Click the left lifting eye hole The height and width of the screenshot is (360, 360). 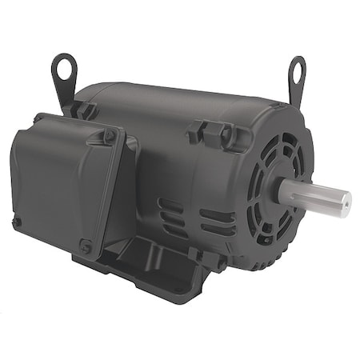tap(65, 67)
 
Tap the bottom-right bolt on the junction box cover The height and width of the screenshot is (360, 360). tap(86, 246)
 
